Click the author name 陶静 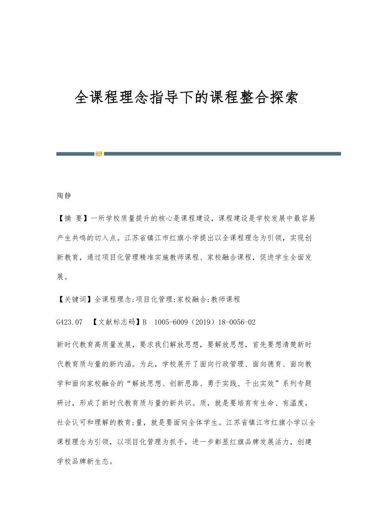point(64,196)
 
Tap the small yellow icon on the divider point(99,153)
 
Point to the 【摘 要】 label point(73,219)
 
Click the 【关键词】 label point(75,300)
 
